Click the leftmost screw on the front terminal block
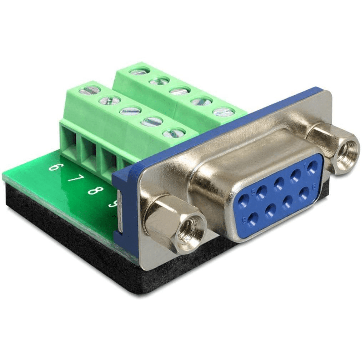pos(89,90)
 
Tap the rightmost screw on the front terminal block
pos(173,133)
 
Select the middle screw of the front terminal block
pos(131,111)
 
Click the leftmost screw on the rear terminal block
pos(139,71)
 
